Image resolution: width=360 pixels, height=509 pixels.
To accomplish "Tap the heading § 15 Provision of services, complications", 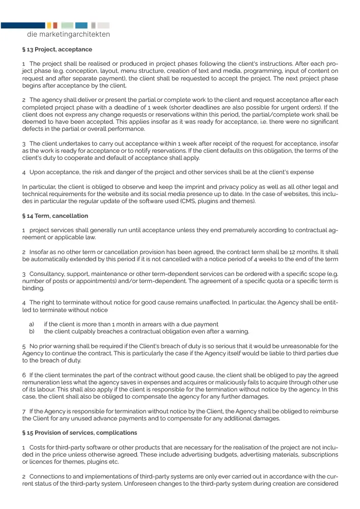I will tap(79, 433).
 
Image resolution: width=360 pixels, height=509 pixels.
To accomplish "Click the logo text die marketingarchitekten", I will tap(68, 35).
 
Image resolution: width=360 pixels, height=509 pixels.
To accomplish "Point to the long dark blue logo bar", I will tap(23, 25).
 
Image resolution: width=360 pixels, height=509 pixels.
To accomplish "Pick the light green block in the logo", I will tap(67, 25).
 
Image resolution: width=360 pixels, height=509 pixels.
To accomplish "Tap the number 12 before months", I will tap(283, 252).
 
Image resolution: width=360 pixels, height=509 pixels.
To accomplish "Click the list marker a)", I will tap(32, 324).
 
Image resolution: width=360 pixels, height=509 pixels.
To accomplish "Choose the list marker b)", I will tap(32, 332).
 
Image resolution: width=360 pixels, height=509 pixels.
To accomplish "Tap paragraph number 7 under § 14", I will tap(23, 411).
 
